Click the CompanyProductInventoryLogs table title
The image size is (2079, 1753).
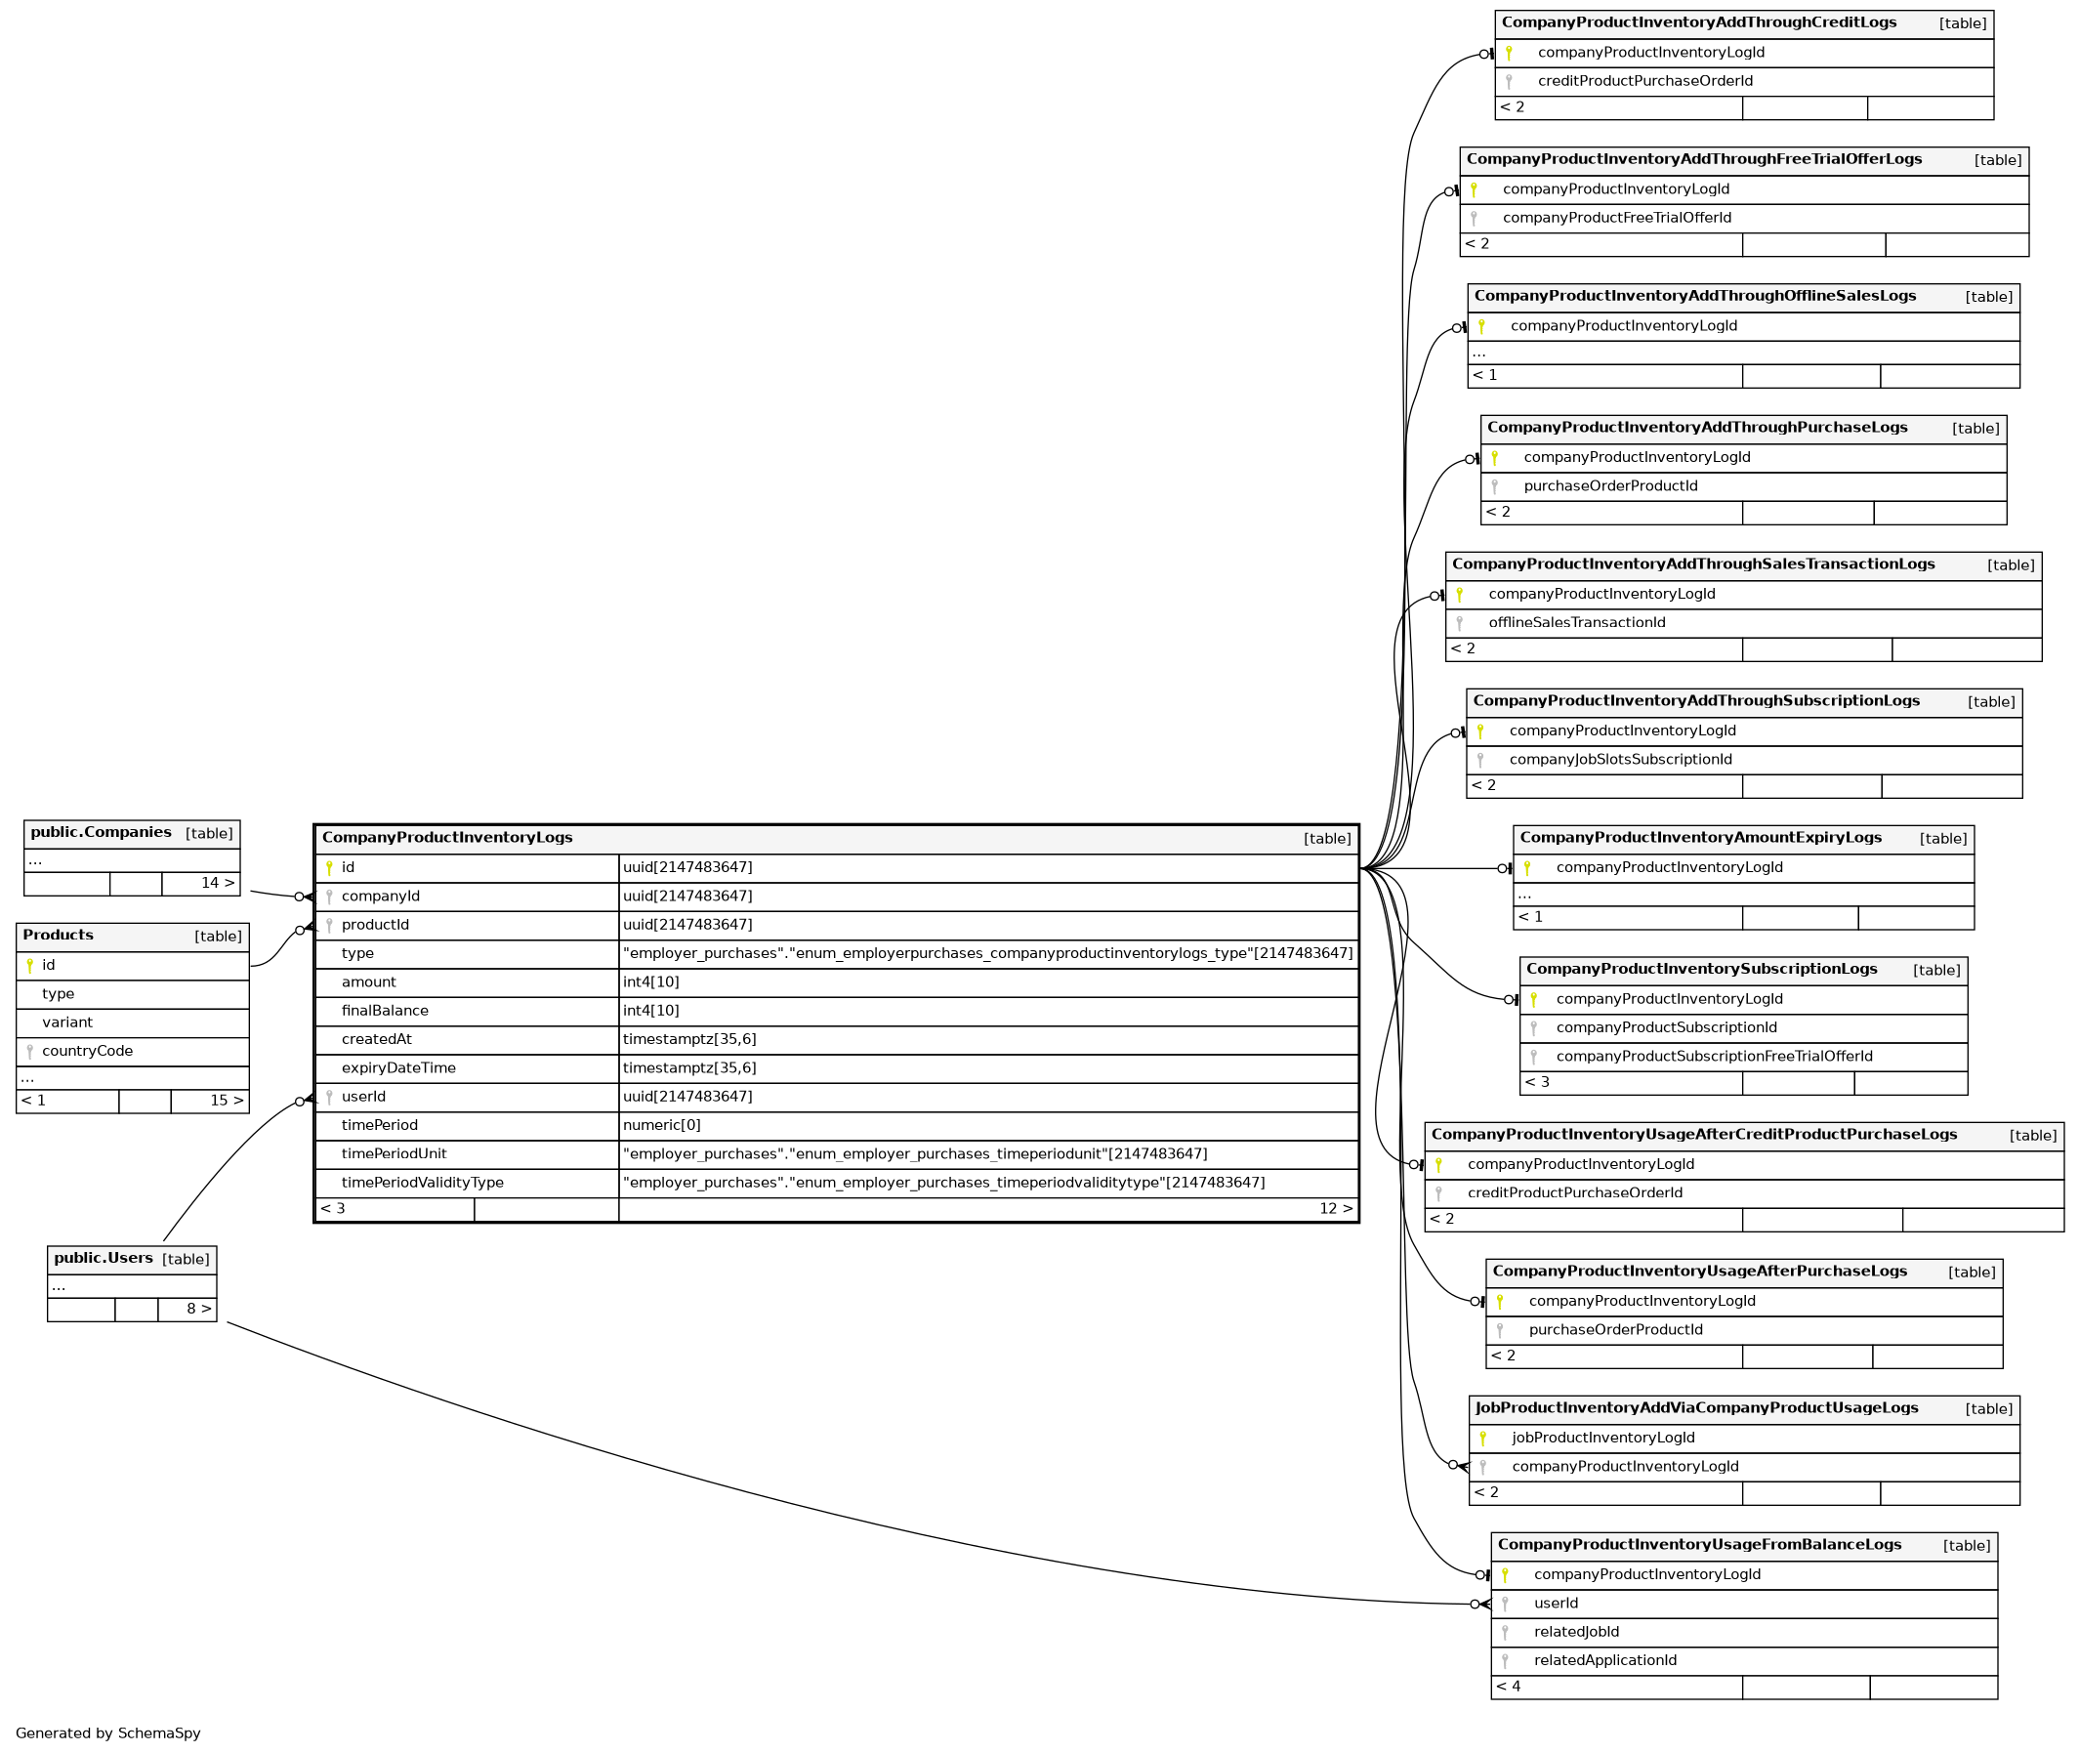click(447, 838)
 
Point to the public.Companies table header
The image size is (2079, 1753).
click(101, 833)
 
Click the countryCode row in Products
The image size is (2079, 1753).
click(88, 1051)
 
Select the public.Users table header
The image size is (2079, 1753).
click(104, 1258)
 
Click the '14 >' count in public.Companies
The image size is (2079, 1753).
click(218, 883)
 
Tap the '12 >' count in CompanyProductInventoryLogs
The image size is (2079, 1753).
click(1335, 1208)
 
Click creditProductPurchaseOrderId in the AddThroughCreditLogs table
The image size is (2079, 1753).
click(1644, 81)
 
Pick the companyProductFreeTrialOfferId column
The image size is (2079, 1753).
click(1616, 218)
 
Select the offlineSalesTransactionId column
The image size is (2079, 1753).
click(1576, 622)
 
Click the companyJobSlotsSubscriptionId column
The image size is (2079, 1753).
click(1620, 759)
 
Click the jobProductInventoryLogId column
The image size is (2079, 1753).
click(1603, 1438)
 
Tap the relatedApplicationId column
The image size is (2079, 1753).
click(1604, 1660)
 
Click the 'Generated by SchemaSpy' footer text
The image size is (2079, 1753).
click(108, 1733)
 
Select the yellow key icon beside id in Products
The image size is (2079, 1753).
click(30, 965)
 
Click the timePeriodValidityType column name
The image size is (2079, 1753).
click(423, 1183)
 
